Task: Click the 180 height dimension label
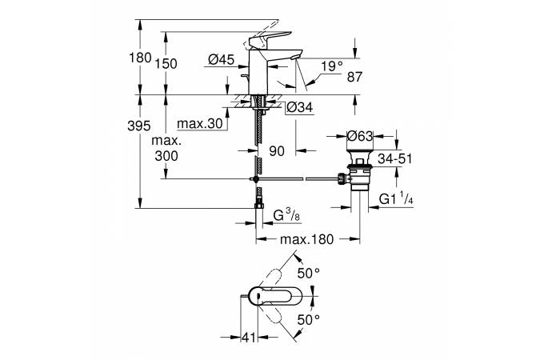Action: (139, 58)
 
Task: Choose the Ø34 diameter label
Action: (298, 108)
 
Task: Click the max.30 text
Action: (197, 124)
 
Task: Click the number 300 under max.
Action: (166, 157)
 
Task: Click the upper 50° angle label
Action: (308, 273)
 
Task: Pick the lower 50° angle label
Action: (308, 320)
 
